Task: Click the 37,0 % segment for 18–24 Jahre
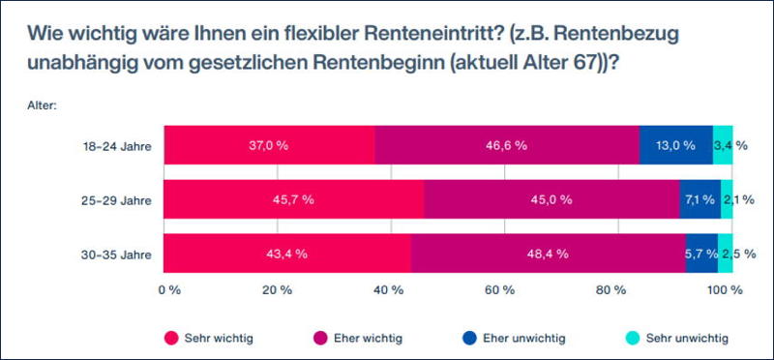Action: (x=270, y=145)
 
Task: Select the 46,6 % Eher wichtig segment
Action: (x=507, y=145)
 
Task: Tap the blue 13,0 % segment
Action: (x=676, y=145)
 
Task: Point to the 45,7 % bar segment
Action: (x=294, y=199)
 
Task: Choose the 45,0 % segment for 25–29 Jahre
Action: (x=551, y=199)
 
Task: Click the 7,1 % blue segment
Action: (x=700, y=199)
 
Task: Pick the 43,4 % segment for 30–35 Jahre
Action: (x=287, y=254)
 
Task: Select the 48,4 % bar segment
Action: (x=549, y=254)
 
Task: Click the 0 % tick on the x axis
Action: (x=169, y=290)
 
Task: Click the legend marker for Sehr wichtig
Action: (x=171, y=339)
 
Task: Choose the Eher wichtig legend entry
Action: (x=358, y=339)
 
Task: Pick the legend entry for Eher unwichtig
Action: (x=515, y=339)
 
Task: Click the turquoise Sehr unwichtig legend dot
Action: (x=633, y=339)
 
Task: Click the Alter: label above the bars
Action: (x=44, y=105)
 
